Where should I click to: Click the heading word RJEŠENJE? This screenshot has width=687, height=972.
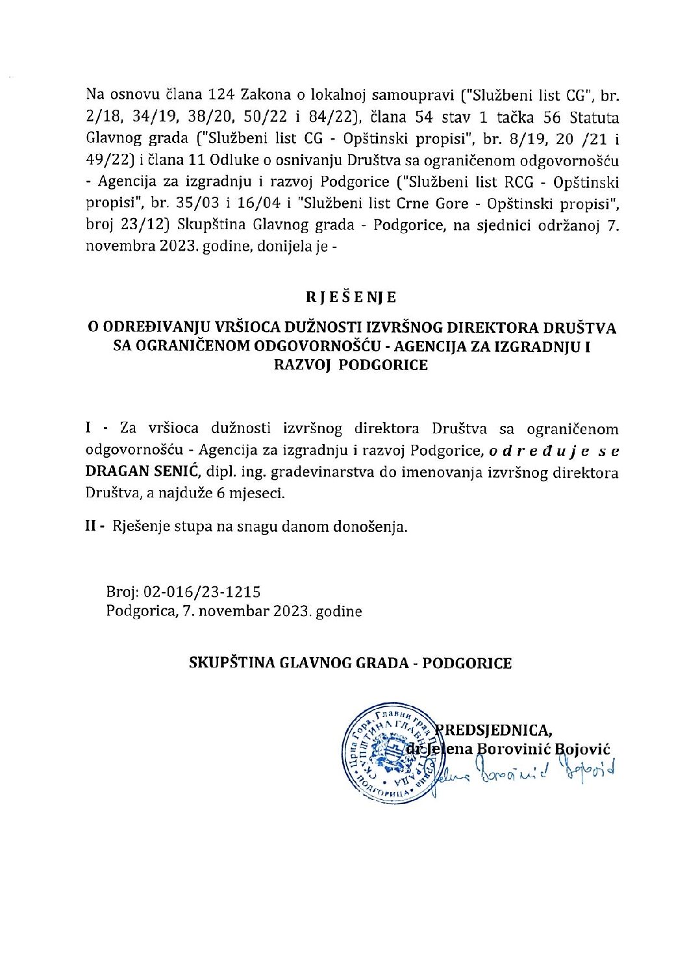342,297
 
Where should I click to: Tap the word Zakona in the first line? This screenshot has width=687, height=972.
266,95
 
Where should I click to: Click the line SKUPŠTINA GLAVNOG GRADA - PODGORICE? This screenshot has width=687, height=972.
350,663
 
